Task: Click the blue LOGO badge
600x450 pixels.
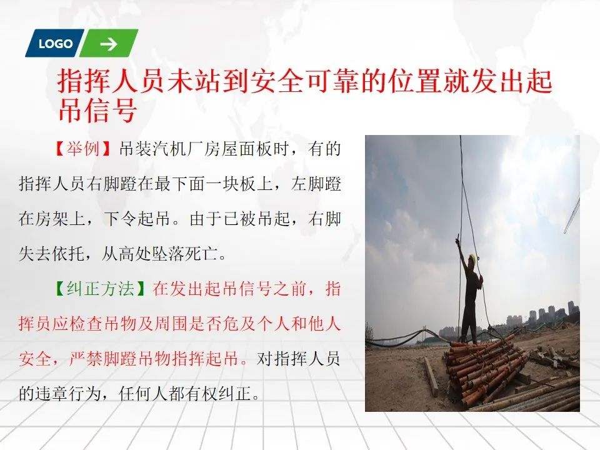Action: tap(54, 43)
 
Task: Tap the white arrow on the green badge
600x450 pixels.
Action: tap(109, 44)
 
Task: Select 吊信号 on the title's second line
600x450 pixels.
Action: tap(97, 110)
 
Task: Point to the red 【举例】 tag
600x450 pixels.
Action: tap(83, 149)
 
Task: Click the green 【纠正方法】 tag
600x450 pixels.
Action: tap(100, 289)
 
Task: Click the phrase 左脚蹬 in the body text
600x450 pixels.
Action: tap(316, 184)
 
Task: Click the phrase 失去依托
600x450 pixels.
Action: tap(52, 254)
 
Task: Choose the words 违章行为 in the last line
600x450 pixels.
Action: tap(69, 393)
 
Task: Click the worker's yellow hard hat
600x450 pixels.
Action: tap(473, 258)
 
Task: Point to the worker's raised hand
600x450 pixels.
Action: tap(457, 241)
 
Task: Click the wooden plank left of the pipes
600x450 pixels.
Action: tap(431, 376)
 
